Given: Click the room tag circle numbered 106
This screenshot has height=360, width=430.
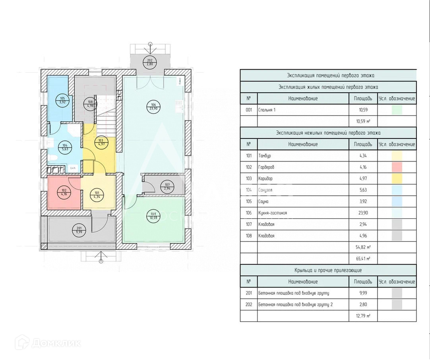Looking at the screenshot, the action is click(x=153, y=107).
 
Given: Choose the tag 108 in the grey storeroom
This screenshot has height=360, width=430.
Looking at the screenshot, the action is click(x=90, y=104).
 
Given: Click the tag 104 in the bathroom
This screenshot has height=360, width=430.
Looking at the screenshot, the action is click(x=65, y=148).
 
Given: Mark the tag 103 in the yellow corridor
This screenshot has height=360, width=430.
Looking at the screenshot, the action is click(x=101, y=142).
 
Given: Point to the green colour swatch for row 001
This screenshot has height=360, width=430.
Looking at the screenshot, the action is click(x=397, y=110).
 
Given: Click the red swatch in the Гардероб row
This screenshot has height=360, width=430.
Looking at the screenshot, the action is click(x=397, y=167).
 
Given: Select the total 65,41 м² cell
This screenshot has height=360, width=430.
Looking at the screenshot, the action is click(x=363, y=259).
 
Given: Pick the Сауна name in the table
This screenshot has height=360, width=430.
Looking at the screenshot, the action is click(x=263, y=202).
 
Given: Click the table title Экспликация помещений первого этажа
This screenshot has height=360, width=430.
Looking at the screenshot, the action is click(x=328, y=75).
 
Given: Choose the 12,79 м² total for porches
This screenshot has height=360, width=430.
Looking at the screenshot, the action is click(x=363, y=316).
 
